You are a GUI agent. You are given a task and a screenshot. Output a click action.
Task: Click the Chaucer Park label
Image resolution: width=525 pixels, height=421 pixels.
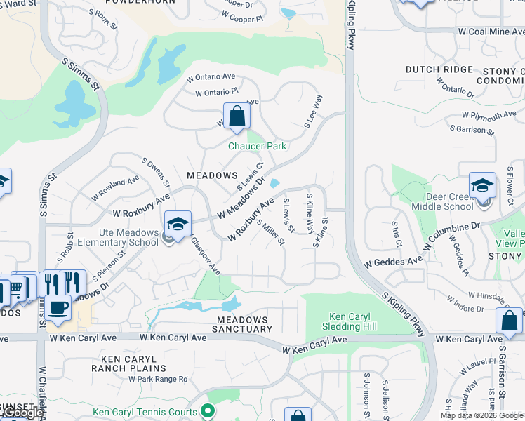click(257, 146)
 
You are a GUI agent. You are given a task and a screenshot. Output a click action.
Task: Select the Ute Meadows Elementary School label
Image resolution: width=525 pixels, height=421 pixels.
click(119, 238)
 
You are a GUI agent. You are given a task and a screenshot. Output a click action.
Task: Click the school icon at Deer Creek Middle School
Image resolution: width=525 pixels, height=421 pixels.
click(482, 186)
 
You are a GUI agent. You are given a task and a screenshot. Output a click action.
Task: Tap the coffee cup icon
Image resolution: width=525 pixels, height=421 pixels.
click(59, 307)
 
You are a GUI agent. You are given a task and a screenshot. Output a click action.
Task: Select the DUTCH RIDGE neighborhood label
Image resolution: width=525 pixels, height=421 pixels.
click(439, 70)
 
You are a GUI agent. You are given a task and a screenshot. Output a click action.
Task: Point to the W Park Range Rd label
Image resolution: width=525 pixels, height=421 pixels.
click(158, 379)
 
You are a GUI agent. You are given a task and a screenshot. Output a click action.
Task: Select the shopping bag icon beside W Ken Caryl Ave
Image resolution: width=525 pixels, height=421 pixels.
click(509, 322)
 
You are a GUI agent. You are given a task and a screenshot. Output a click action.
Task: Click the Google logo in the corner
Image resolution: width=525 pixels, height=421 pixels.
click(22, 413)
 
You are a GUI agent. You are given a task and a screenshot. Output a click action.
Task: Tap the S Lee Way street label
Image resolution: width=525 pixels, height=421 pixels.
click(313, 111)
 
